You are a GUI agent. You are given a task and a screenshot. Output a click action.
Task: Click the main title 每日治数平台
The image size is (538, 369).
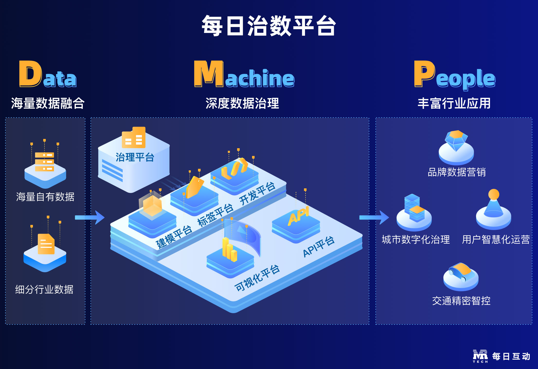tap(269, 26)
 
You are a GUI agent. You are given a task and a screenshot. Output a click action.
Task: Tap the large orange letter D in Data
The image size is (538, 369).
tap(30, 74)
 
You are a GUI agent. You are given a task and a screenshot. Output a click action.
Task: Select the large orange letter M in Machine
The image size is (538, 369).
tap(209, 74)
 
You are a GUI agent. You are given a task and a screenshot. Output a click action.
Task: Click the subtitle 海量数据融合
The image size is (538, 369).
tap(48, 103)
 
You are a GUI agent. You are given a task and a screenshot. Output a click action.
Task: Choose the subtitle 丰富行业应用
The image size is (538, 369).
tap(454, 103)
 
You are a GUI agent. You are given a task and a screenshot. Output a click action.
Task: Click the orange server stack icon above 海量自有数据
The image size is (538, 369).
tap(44, 162)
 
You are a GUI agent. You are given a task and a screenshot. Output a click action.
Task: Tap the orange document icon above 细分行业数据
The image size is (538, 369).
tap(46, 244)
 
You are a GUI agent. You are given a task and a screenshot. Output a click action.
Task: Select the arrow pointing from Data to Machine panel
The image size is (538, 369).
tap(90, 217)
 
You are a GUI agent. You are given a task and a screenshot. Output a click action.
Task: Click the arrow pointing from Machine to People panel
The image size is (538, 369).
tap(374, 217)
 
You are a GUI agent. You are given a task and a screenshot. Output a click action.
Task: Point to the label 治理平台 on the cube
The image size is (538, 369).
tap(135, 157)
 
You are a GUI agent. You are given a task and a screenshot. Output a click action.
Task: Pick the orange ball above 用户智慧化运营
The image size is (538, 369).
tap(494, 194)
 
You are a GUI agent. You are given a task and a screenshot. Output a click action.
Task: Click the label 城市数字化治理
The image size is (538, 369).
tap(416, 240)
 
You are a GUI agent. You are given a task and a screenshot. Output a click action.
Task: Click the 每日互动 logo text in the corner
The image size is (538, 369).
tap(511, 356)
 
